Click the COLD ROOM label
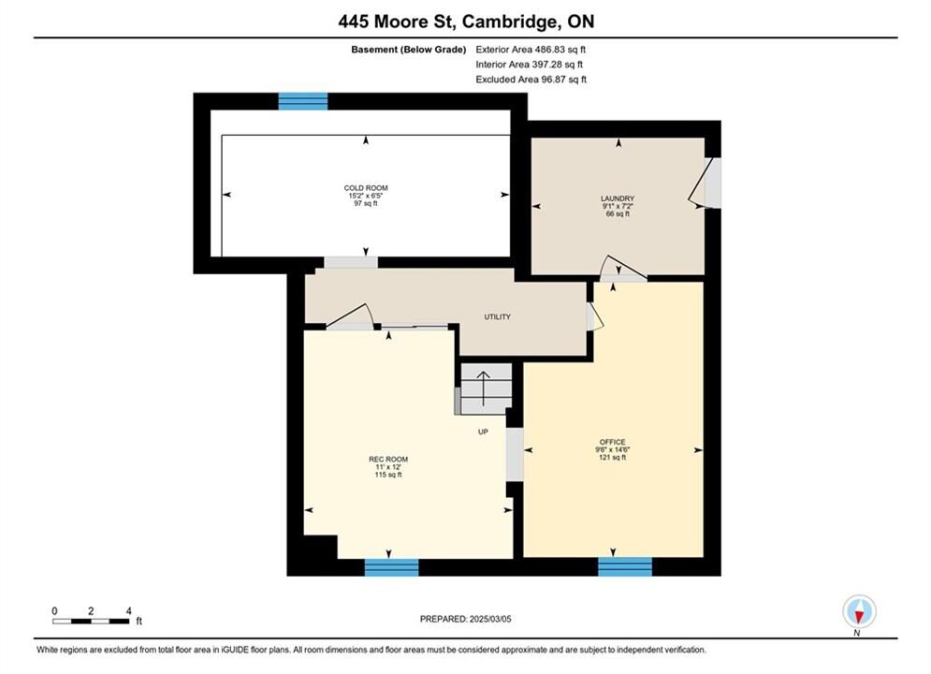pyautogui.click(x=366, y=187)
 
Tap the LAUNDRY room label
pyautogui.click(x=618, y=198)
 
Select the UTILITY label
pyautogui.click(x=497, y=317)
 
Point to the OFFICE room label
pyautogui.click(x=612, y=442)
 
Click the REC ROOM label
pyautogui.click(x=388, y=459)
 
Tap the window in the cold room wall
pyautogui.click(x=303, y=101)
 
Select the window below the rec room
pyautogui.click(x=391, y=567)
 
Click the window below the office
pyautogui.click(x=625, y=566)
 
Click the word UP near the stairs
pyautogui.click(x=484, y=432)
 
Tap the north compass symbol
pyautogui.click(x=859, y=611)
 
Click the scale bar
pyautogui.click(x=90, y=622)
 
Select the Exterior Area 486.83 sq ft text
pyautogui.click(x=531, y=50)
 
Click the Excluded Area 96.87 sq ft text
pyautogui.click(x=531, y=80)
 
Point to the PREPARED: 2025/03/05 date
pyautogui.click(x=466, y=619)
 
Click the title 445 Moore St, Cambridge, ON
pyautogui.click(x=466, y=22)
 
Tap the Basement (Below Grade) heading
pyautogui.click(x=409, y=50)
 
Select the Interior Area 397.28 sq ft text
pyautogui.click(x=529, y=65)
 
